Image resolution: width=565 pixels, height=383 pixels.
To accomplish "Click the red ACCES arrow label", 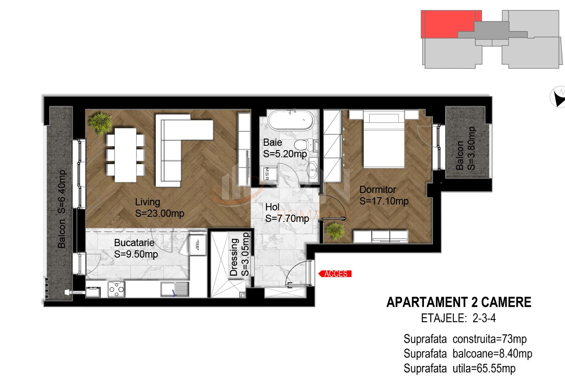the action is click(335, 274).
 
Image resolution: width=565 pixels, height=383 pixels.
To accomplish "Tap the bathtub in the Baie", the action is click(291, 120).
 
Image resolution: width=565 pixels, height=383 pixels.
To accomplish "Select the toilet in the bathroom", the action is click(306, 145).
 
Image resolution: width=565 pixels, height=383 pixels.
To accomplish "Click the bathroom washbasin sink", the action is click(313, 170).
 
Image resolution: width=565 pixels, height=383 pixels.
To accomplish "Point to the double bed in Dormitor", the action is click(384, 139).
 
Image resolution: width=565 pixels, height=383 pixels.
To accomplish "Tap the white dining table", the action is click(125, 155).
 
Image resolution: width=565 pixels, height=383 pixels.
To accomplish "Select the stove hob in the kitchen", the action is click(116, 289).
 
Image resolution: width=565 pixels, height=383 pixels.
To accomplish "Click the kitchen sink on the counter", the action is click(175, 289).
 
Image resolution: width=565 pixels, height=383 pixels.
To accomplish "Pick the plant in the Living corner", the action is click(100, 124).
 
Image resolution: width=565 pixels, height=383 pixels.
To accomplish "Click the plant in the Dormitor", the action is click(335, 231).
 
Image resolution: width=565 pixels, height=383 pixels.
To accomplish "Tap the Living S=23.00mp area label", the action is click(160, 207).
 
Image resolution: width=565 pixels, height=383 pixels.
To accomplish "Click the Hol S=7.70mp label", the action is click(287, 213).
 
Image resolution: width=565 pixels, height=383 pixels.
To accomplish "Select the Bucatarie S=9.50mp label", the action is click(136, 248).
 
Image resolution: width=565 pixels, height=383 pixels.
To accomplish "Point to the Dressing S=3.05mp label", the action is click(239, 254).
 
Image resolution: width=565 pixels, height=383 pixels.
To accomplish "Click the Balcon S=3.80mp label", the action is click(466, 148).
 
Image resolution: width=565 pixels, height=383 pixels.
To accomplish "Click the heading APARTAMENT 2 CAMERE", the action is click(459, 302).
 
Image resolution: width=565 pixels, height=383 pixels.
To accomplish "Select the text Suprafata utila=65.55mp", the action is click(459, 369).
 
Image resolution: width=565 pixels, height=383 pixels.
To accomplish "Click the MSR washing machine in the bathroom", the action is click(268, 173).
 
